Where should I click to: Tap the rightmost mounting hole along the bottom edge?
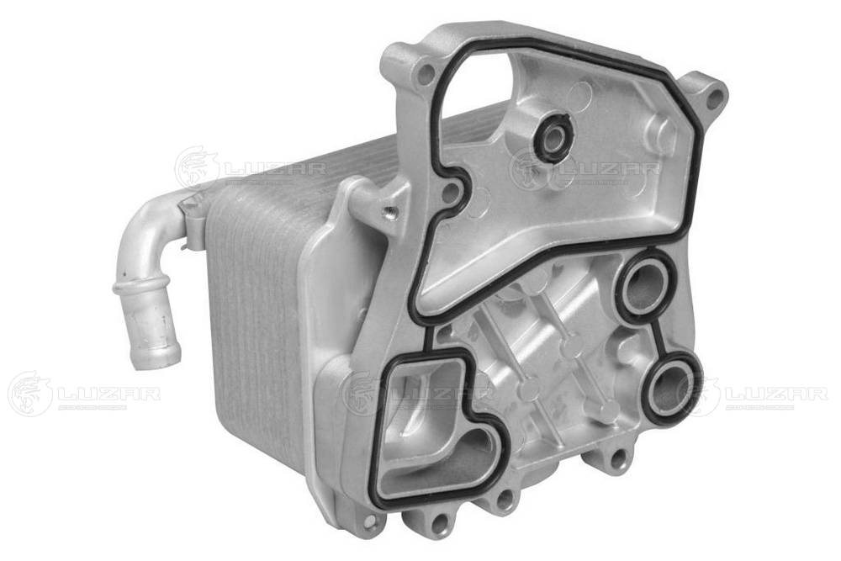pyautogui.click(x=621, y=458)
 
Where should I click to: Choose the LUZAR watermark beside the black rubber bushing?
pyautogui.click(x=589, y=169)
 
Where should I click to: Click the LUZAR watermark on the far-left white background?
pyautogui.click(x=84, y=393)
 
